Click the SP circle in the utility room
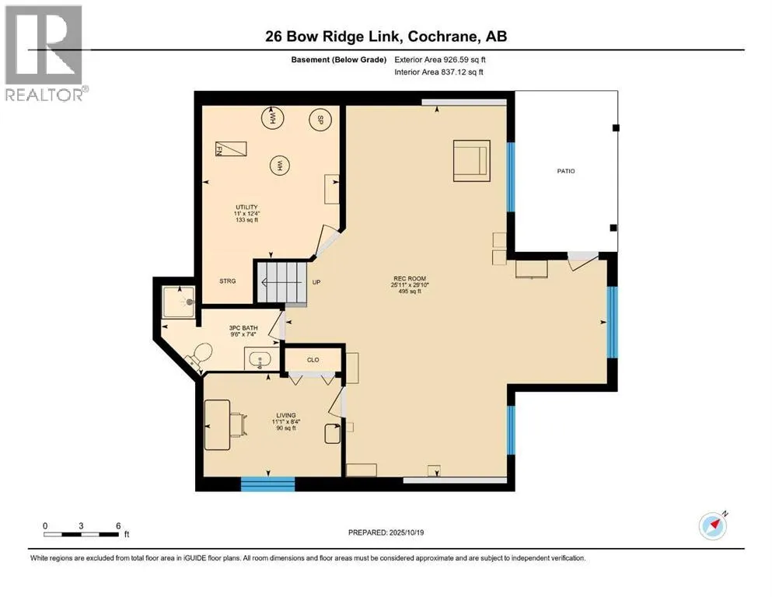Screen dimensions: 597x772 tap(318, 120)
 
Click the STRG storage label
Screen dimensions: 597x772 tap(227, 281)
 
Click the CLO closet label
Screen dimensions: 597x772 tap(313, 359)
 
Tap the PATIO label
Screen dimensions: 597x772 tap(566, 171)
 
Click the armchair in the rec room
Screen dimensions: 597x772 tap(471, 160)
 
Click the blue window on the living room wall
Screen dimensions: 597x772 tap(267, 484)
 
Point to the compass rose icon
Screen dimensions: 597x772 tap(713, 526)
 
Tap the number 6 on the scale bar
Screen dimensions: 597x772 tap(117, 525)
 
